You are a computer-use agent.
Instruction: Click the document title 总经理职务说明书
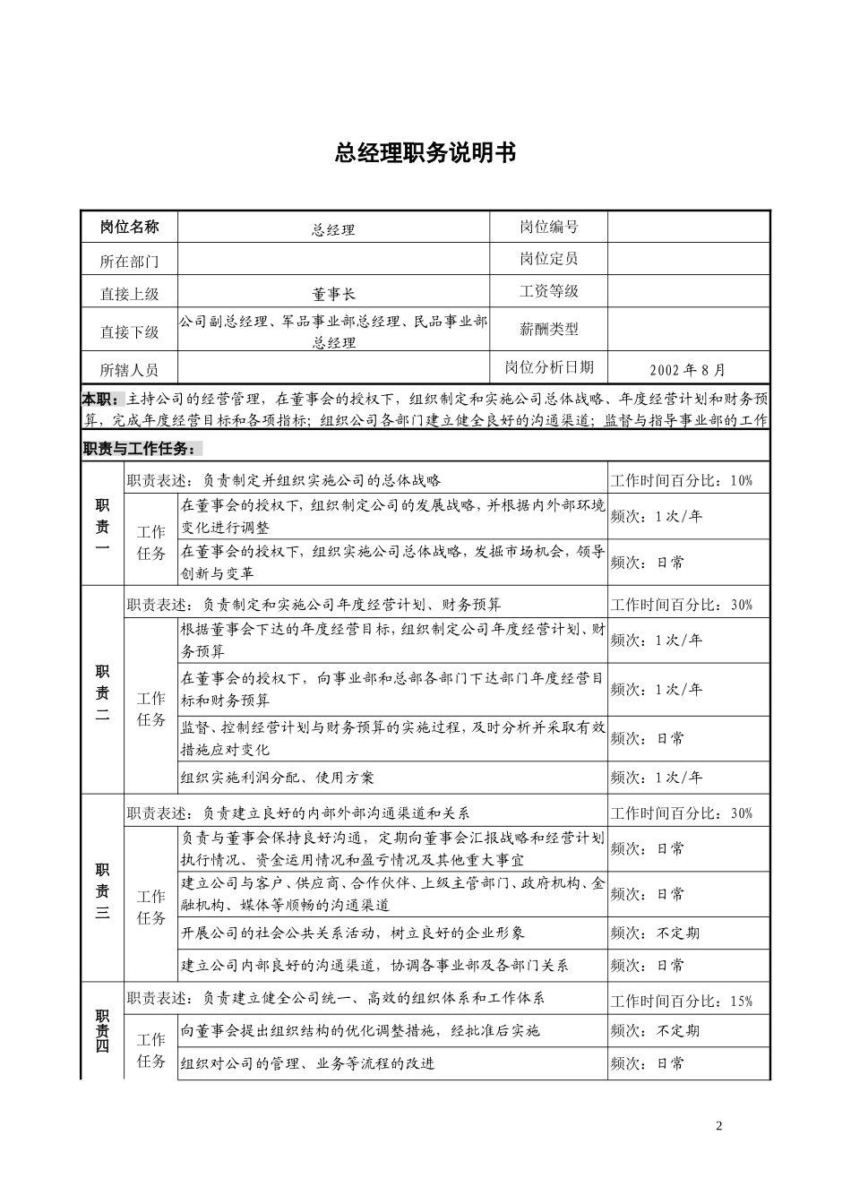(425, 153)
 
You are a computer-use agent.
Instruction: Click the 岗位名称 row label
(129, 227)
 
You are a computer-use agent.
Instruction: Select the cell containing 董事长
(333, 293)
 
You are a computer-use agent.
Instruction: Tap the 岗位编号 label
(548, 227)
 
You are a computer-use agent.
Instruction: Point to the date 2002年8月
(688, 369)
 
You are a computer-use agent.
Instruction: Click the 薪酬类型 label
(548, 329)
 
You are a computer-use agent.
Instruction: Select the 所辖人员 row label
(129, 369)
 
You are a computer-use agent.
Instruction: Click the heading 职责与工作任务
(142, 449)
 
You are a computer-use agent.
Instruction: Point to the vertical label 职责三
(102, 891)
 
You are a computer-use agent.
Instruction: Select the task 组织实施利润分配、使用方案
(278, 778)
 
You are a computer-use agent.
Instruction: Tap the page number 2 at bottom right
(718, 1126)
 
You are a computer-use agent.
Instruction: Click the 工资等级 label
(548, 291)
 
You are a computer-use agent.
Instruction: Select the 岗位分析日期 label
(548, 367)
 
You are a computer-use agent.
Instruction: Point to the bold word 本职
(99, 399)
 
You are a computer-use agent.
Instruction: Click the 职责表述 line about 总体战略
(284, 480)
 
